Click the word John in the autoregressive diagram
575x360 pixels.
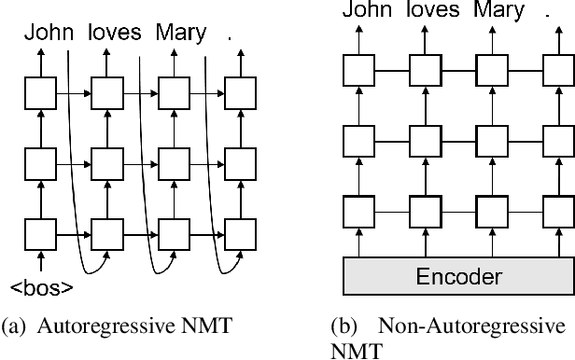(x=48, y=34)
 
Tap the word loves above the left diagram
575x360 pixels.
(x=114, y=34)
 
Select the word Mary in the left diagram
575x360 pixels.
(x=180, y=35)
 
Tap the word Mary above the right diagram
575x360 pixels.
(x=499, y=11)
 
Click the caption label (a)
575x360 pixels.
(x=16, y=327)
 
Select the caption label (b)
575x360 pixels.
(x=342, y=327)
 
